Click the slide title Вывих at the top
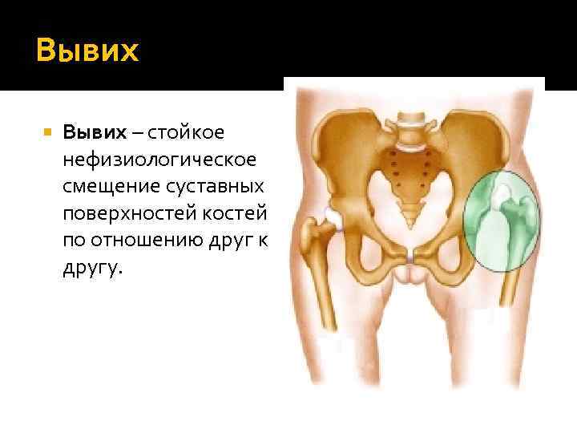coord(87,51)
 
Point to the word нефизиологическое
coord(161,159)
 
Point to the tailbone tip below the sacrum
coord(412,214)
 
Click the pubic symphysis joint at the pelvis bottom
coord(412,258)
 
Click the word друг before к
coord(237,243)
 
